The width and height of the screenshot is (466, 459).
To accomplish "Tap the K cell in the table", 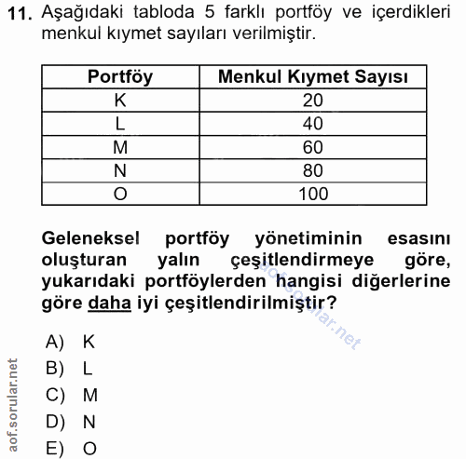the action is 120,100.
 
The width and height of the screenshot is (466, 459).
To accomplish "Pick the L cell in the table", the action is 120,123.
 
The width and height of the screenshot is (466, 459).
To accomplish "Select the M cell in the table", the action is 120,146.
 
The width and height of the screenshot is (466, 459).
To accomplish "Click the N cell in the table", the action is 120,169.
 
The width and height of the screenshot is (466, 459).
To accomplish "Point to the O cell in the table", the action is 120,193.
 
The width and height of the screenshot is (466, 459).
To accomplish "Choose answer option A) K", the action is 71,341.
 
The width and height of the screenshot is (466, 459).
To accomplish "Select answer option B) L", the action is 71,368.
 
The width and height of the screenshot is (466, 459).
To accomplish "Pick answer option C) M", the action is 71,395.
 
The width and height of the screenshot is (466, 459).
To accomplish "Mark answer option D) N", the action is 71,422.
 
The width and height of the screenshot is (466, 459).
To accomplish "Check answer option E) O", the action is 71,448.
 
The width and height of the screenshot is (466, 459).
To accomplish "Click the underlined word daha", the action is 107,304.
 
